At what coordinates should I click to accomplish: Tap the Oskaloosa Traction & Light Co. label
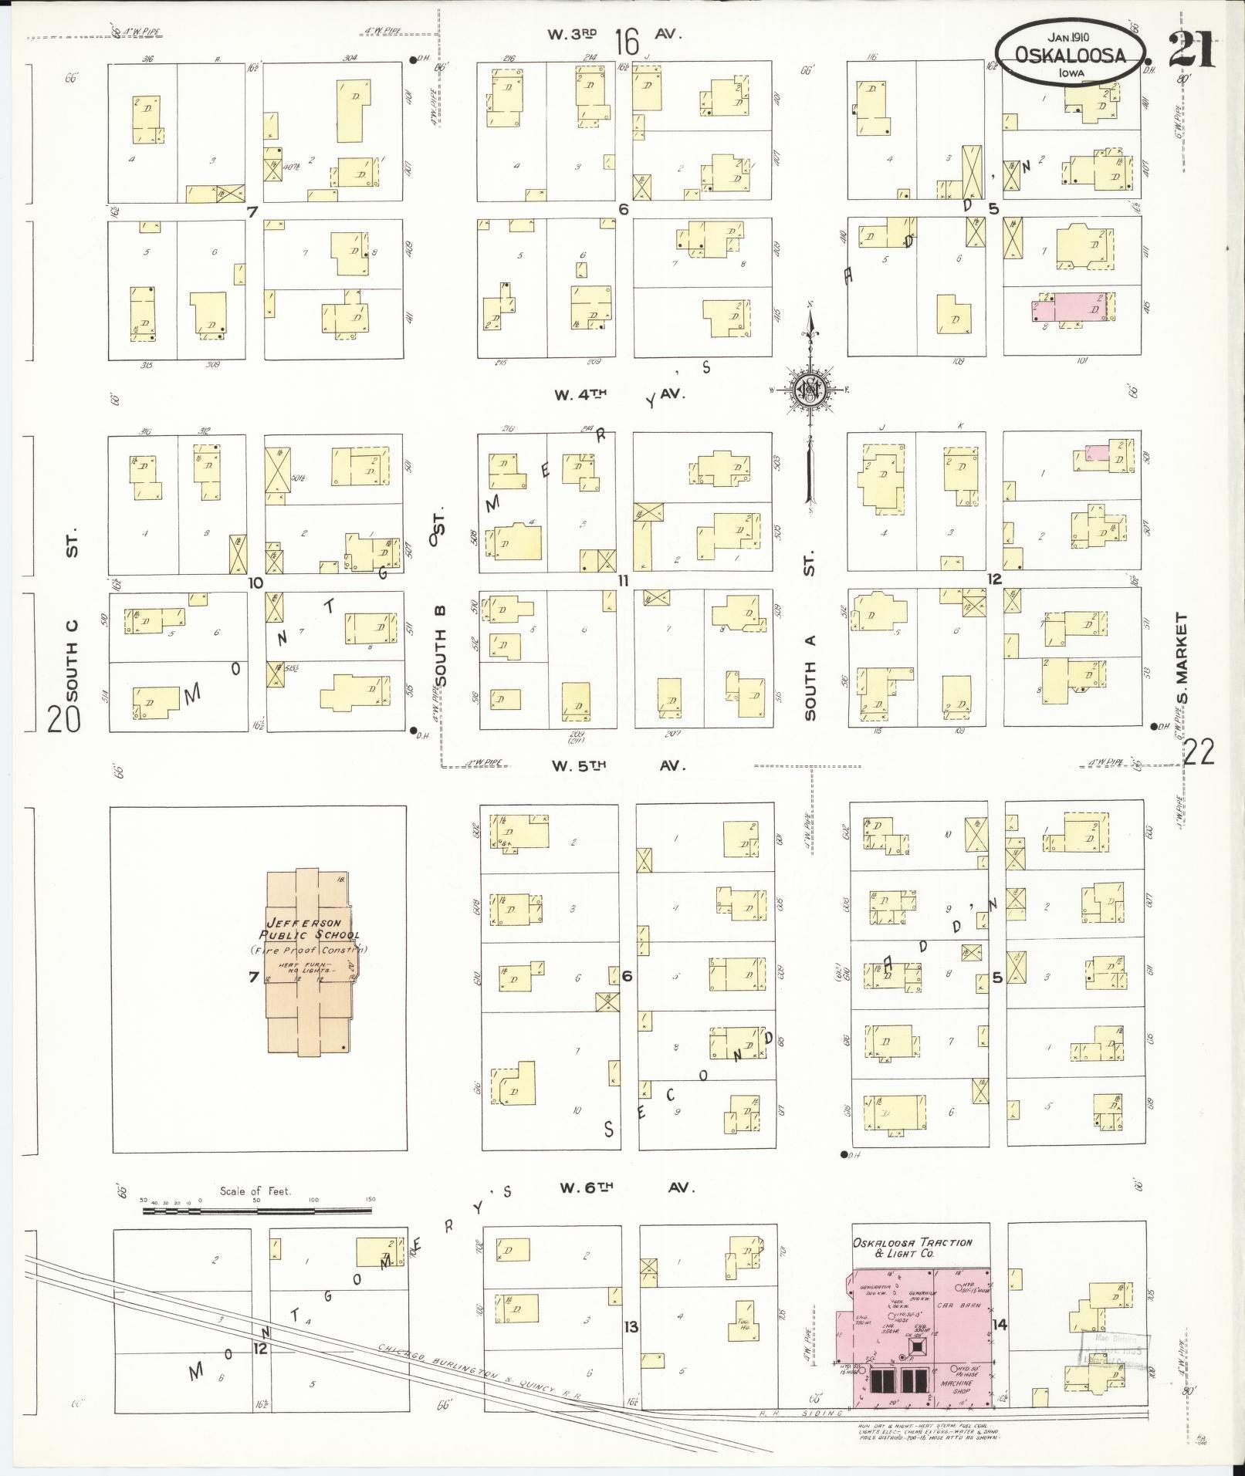coord(912,1248)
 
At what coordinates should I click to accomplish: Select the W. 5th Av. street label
coord(617,765)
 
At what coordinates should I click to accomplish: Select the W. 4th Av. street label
coord(617,394)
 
